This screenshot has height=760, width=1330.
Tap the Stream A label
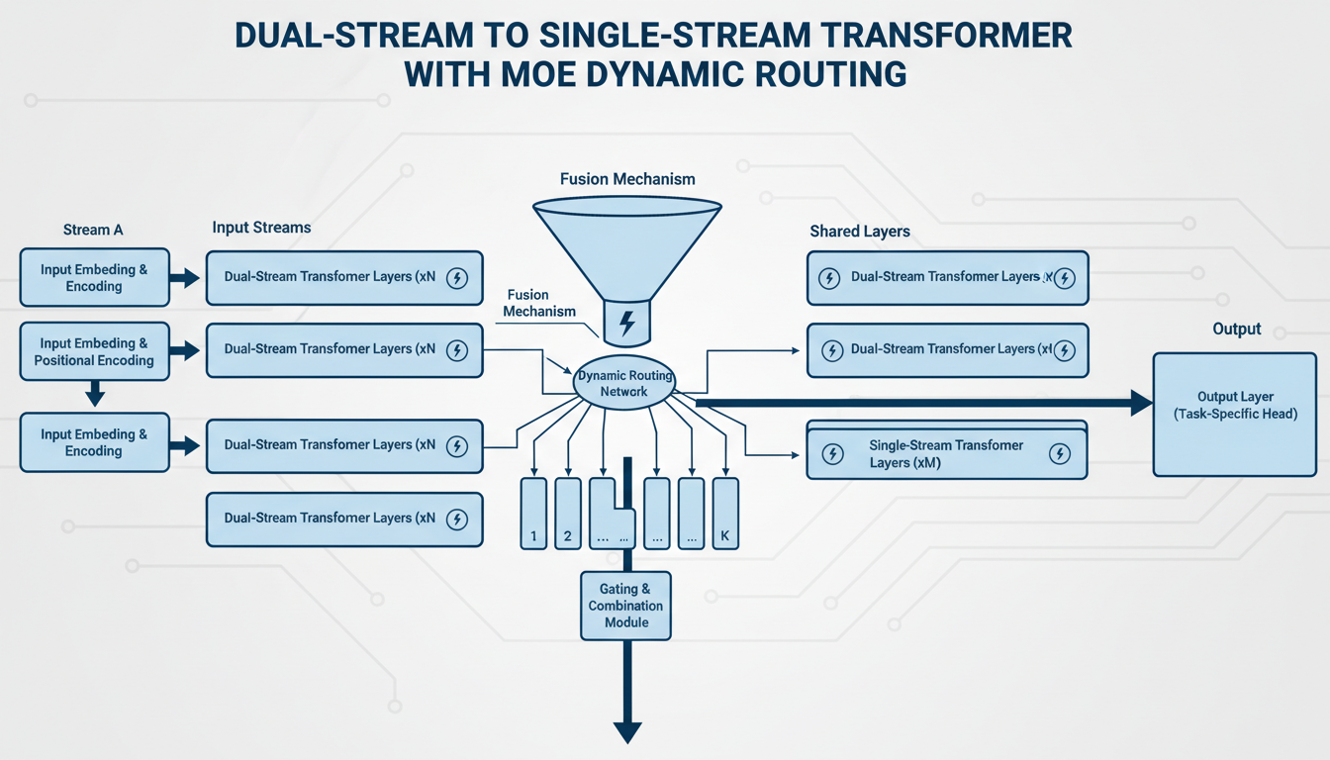coord(93,230)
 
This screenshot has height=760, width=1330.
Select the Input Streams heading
coord(261,228)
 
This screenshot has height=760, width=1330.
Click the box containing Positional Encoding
coord(94,351)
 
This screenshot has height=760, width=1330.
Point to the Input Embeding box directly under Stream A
coord(94,278)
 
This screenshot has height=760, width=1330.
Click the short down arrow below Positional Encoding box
coord(94,396)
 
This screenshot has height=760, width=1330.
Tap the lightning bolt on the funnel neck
coord(626,323)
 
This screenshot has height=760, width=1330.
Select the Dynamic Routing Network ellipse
coord(625,383)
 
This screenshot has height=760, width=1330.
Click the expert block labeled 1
coord(533,513)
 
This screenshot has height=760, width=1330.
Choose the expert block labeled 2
coord(567,513)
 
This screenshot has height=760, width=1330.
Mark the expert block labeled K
coord(724,513)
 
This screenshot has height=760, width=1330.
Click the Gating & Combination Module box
coord(625,606)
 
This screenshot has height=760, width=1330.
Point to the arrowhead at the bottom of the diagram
coord(627,732)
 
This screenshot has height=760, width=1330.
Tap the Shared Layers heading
coord(859,232)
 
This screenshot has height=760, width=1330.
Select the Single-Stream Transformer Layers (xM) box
coord(947,454)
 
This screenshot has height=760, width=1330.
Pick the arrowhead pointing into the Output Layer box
coord(1141,403)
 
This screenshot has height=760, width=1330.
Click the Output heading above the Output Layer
coord(1236,329)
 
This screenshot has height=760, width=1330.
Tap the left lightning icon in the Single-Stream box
coord(833,454)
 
